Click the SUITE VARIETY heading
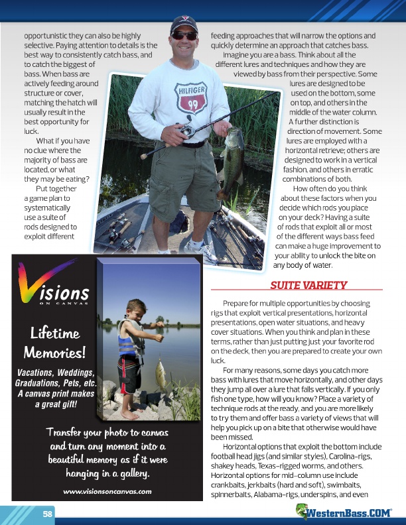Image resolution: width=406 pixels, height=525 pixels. click(308, 286)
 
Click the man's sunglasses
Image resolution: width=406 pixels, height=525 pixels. click(184, 36)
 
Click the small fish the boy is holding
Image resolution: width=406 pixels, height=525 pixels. click(160, 375)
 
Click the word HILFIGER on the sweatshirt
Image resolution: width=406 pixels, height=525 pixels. click(192, 91)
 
